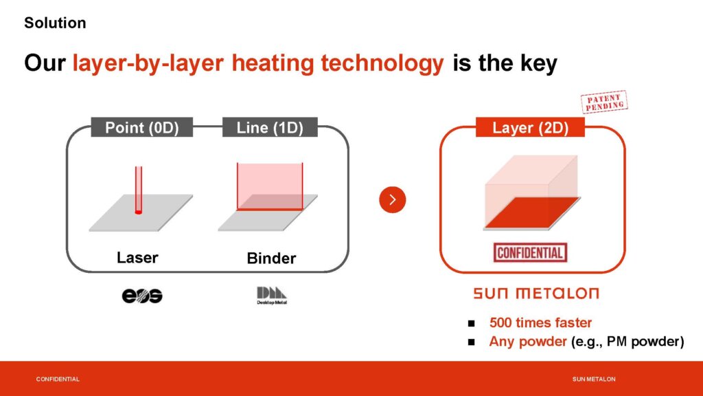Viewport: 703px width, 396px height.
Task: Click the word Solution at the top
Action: pos(55,23)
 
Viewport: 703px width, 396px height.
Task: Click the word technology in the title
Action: pos(382,63)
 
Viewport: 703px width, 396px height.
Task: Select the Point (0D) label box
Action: pos(141,127)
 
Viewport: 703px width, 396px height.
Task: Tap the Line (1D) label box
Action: pos(270,127)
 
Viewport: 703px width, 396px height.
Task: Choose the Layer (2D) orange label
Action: pos(531,127)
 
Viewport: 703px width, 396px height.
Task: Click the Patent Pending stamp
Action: pos(604,102)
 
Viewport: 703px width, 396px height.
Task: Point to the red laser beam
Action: pos(139,190)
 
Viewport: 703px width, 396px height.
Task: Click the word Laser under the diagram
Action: pos(137,258)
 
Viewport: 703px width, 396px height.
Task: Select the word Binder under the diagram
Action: pos(271,258)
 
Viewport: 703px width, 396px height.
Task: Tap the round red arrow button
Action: pos(392,200)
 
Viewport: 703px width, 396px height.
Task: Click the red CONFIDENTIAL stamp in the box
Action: pos(531,253)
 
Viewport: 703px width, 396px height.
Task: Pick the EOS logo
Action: pos(142,296)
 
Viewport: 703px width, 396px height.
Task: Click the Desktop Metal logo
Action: pos(272,296)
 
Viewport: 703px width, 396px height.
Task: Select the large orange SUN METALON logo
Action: pos(536,294)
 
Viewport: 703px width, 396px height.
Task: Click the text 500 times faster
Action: pos(541,322)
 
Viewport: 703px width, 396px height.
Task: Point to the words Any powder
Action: pos(528,341)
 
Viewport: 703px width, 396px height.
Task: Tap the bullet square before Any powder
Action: pos(471,342)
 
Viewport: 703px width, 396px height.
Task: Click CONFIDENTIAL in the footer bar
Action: pos(58,379)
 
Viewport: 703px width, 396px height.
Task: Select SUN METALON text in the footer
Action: pos(594,379)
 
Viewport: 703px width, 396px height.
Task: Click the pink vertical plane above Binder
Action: pos(270,186)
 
